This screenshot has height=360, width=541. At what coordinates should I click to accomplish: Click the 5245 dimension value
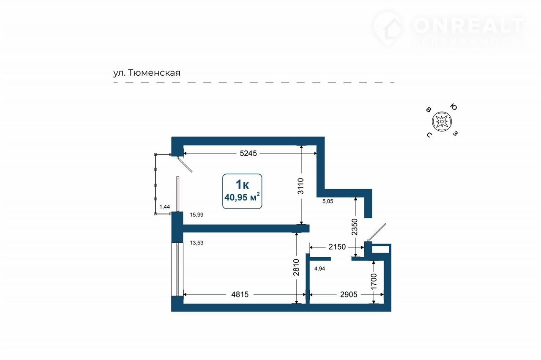248,153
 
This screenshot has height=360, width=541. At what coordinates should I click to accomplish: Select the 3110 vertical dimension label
301,186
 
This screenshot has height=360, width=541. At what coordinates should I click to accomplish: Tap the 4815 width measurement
240,294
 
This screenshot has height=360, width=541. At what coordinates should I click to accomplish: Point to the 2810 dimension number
296,267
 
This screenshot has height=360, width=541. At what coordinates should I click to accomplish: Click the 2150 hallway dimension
337,247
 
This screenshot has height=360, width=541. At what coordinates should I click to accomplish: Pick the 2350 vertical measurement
354,227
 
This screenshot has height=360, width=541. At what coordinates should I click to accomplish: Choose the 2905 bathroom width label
349,294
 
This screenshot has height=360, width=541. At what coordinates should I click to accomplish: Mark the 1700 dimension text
374,281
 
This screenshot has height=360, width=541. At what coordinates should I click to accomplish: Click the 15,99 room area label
197,215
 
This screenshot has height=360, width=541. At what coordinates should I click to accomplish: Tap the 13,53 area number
197,243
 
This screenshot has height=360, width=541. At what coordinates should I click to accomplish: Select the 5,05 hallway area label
328,201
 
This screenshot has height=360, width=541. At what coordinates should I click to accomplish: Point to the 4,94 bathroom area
320,269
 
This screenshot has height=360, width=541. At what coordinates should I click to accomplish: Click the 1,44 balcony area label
165,207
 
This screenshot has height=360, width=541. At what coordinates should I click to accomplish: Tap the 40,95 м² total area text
242,197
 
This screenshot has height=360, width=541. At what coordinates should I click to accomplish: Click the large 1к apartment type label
242,184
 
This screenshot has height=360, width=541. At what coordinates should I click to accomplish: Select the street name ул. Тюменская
147,73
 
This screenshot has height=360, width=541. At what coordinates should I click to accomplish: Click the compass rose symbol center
442,121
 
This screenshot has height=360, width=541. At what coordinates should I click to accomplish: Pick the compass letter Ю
454,107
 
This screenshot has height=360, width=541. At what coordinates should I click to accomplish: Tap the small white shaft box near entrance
380,249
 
